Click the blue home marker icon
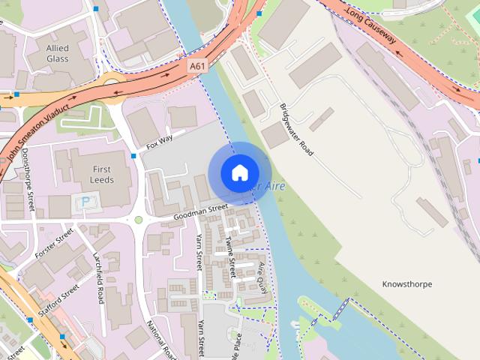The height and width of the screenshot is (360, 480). pyautogui.click(x=239, y=173)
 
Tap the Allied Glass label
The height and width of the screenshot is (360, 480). pyautogui.click(x=58, y=53)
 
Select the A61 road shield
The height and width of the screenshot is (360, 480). pyautogui.click(x=196, y=66)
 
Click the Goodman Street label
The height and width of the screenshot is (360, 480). pyautogui.click(x=199, y=212)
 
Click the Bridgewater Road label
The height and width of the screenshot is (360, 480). pyautogui.click(x=296, y=130)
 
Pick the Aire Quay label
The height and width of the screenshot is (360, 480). pyautogui.click(x=262, y=277)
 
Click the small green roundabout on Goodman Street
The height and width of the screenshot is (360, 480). pyautogui.click(x=139, y=220)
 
